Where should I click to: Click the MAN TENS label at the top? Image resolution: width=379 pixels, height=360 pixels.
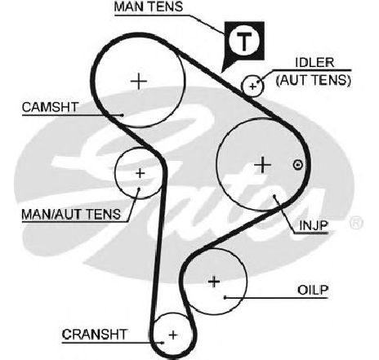(149, 7)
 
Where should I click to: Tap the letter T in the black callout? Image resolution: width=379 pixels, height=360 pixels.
(244, 42)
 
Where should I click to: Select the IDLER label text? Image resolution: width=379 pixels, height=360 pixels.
(314, 63)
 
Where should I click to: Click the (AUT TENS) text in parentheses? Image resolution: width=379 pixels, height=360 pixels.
(314, 80)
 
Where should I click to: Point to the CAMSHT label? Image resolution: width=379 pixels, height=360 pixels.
(51, 107)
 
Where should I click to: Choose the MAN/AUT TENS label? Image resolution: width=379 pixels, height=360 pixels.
(71, 215)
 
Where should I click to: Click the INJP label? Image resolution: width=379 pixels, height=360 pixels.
(314, 225)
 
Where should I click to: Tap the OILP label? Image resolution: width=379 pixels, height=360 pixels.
(313, 290)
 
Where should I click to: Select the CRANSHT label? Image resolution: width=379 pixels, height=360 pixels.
(95, 335)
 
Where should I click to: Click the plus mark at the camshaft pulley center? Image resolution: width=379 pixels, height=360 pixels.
(139, 81)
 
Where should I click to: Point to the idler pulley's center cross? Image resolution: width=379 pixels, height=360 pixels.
(252, 87)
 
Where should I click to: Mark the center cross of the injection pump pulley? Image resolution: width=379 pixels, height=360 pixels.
(262, 165)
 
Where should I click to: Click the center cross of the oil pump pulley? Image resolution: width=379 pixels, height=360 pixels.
(214, 282)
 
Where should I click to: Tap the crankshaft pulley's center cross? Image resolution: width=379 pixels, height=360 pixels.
(173, 335)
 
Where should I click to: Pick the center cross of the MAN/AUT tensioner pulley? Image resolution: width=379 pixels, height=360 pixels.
(140, 173)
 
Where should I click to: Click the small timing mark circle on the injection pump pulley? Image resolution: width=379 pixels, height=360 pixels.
(298, 165)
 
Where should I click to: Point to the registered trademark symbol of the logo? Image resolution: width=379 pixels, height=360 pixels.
(356, 223)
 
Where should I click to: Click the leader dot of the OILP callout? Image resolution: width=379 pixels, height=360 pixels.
(225, 298)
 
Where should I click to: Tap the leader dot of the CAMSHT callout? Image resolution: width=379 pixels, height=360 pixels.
(123, 115)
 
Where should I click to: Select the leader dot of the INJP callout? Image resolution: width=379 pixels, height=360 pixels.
(274, 196)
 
